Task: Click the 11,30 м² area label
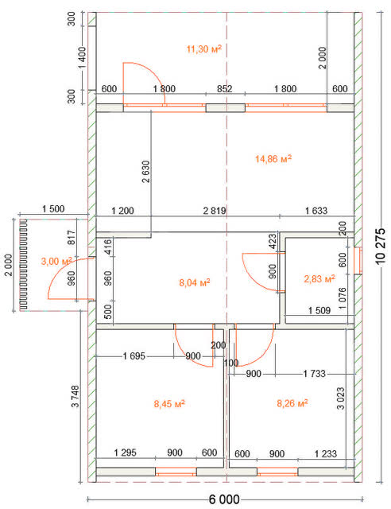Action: coord(203,49)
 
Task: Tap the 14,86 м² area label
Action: coord(273,159)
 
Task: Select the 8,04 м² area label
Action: coord(195,282)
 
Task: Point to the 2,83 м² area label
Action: coord(319,278)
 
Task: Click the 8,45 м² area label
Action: coord(169,404)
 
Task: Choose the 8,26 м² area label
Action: coord(292,403)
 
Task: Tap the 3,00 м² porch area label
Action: coord(56,261)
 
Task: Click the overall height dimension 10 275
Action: coord(381,246)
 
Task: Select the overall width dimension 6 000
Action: coord(224,499)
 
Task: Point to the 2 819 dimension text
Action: coord(215,211)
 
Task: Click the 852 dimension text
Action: coord(225,88)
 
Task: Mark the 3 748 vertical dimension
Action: coord(75,396)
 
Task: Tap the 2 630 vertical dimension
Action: coord(146,172)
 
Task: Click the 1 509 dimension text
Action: coord(319,310)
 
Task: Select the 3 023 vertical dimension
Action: coord(341,398)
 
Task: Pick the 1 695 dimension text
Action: coord(134,356)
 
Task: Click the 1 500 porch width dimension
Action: coord(53,208)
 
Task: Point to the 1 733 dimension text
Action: coord(315,374)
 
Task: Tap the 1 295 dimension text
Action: coord(126,453)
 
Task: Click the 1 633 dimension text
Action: coord(316,211)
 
